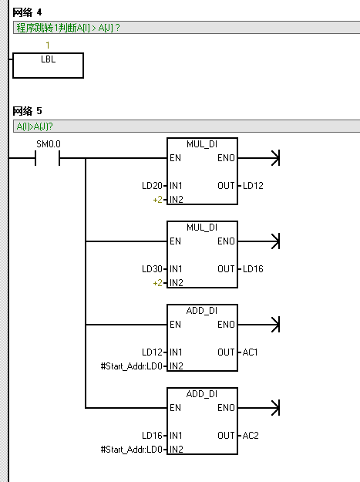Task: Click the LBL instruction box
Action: click(x=48, y=66)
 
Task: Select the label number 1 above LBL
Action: click(x=48, y=46)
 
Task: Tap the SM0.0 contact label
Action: click(x=49, y=144)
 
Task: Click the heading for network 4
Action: click(x=27, y=12)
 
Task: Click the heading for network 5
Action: click(x=27, y=110)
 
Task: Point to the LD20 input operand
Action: click(x=152, y=186)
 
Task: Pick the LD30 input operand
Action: click(x=152, y=269)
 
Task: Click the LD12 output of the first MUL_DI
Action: click(x=253, y=186)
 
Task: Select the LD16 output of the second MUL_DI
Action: click(x=253, y=269)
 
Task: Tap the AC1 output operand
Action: click(x=250, y=352)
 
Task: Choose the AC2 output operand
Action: click(x=251, y=436)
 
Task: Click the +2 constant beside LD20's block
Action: click(x=157, y=200)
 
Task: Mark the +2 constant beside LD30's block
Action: click(x=157, y=283)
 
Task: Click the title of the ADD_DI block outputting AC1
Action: click(x=202, y=311)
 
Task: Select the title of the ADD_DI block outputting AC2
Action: click(x=202, y=394)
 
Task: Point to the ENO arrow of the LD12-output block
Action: click(x=259, y=158)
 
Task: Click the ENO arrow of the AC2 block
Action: click(x=259, y=408)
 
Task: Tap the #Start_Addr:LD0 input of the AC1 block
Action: click(x=132, y=366)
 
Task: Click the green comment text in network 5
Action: click(x=35, y=126)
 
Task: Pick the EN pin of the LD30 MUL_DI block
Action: click(x=176, y=241)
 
